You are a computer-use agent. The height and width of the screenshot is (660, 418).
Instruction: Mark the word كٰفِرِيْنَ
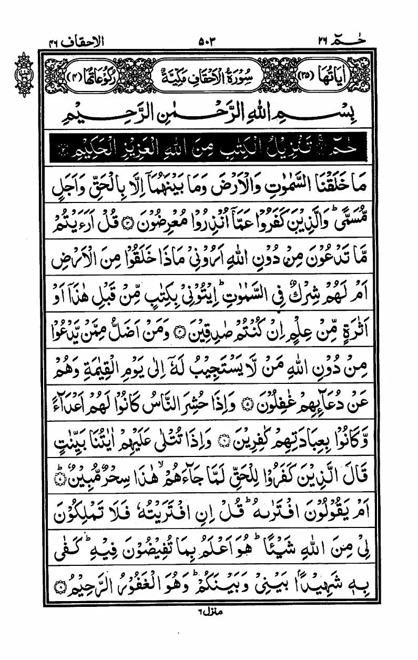click(248, 448)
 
